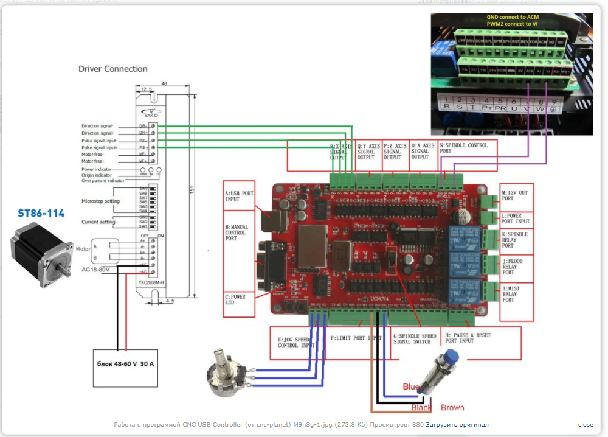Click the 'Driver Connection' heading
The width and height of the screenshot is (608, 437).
[x=112, y=69]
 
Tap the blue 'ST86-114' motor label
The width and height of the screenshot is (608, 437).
[x=41, y=214]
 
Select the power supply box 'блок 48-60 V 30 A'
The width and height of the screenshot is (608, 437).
[x=125, y=363]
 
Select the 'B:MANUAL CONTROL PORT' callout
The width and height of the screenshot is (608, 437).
[x=239, y=234]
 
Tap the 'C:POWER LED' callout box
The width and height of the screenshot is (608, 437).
[x=239, y=299]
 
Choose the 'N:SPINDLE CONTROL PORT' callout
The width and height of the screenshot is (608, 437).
[x=467, y=149]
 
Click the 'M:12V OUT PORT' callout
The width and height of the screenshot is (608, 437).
[x=517, y=194]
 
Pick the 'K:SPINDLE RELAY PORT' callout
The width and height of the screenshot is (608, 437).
[x=517, y=240]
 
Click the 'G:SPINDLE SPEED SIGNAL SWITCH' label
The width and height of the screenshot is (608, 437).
[x=416, y=338]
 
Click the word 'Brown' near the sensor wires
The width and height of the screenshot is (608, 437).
[x=452, y=407]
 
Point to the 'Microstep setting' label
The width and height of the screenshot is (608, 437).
[x=100, y=201]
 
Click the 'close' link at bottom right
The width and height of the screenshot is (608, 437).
[x=586, y=425]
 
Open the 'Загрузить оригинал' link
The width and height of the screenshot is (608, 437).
[x=457, y=425]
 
